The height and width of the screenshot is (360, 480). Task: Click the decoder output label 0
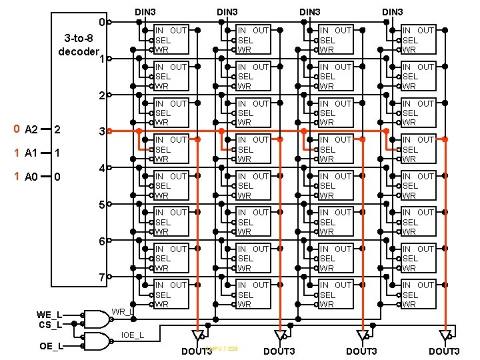click(x=101, y=23)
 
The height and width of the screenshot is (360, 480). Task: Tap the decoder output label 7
click(x=101, y=277)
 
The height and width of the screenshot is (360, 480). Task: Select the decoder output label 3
click(x=101, y=132)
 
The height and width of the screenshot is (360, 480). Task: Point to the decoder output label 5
click(x=101, y=205)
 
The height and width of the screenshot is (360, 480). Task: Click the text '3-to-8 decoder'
click(x=79, y=44)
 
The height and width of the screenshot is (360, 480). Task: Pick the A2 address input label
click(x=31, y=129)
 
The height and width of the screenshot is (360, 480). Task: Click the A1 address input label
click(x=31, y=153)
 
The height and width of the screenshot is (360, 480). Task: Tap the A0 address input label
click(x=31, y=177)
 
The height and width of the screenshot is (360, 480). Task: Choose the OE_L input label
click(x=51, y=346)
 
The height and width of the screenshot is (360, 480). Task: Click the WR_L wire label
click(x=123, y=311)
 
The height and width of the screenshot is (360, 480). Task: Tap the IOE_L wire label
click(x=133, y=334)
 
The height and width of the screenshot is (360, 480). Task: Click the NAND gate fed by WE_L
click(x=95, y=319)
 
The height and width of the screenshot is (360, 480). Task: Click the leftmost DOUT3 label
click(x=197, y=351)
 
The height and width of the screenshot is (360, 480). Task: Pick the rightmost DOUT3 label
click(x=444, y=351)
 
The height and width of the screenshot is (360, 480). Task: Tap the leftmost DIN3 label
click(x=145, y=12)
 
